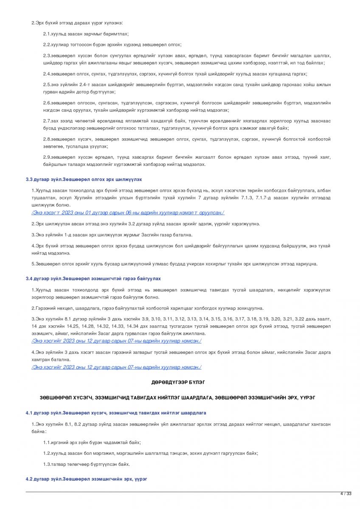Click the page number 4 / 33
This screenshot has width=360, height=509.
coord(346,493)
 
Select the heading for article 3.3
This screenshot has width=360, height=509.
coord(84,179)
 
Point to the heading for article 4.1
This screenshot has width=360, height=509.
coord(116,412)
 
